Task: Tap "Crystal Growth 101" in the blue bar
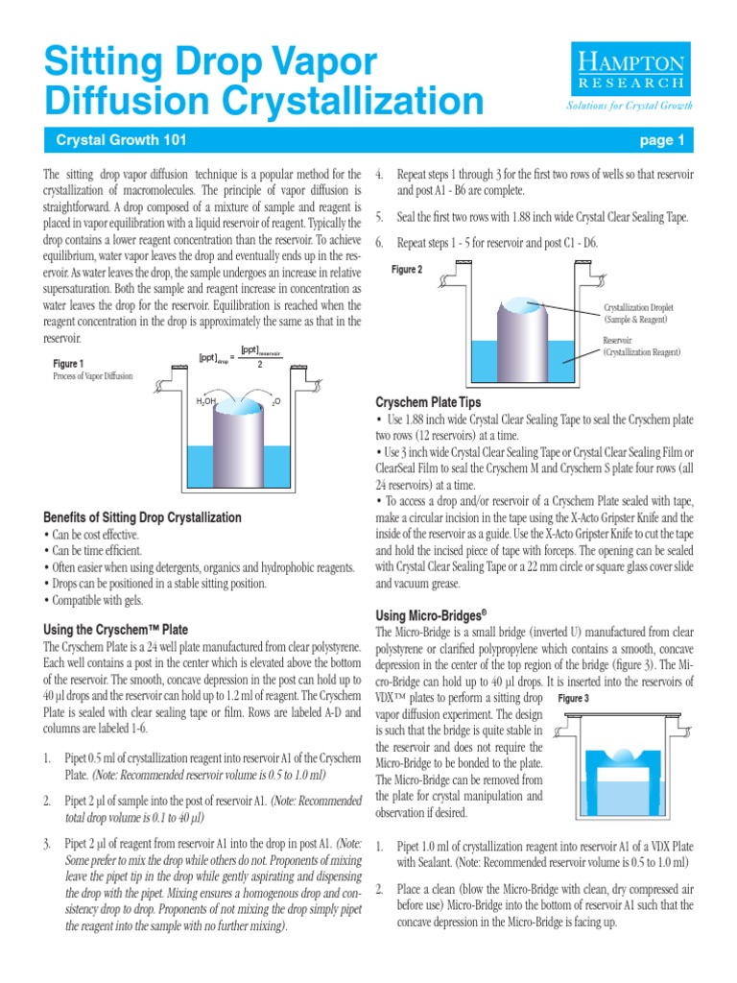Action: pos(121,141)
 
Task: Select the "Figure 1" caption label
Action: pos(68,363)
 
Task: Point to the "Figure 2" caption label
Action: pos(407,270)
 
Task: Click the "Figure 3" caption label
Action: pos(573,698)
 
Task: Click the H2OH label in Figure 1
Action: pos(206,401)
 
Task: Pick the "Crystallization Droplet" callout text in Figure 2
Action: pos(641,313)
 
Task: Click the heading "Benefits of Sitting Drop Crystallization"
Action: pos(143,517)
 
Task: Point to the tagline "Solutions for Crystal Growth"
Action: pos(630,106)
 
